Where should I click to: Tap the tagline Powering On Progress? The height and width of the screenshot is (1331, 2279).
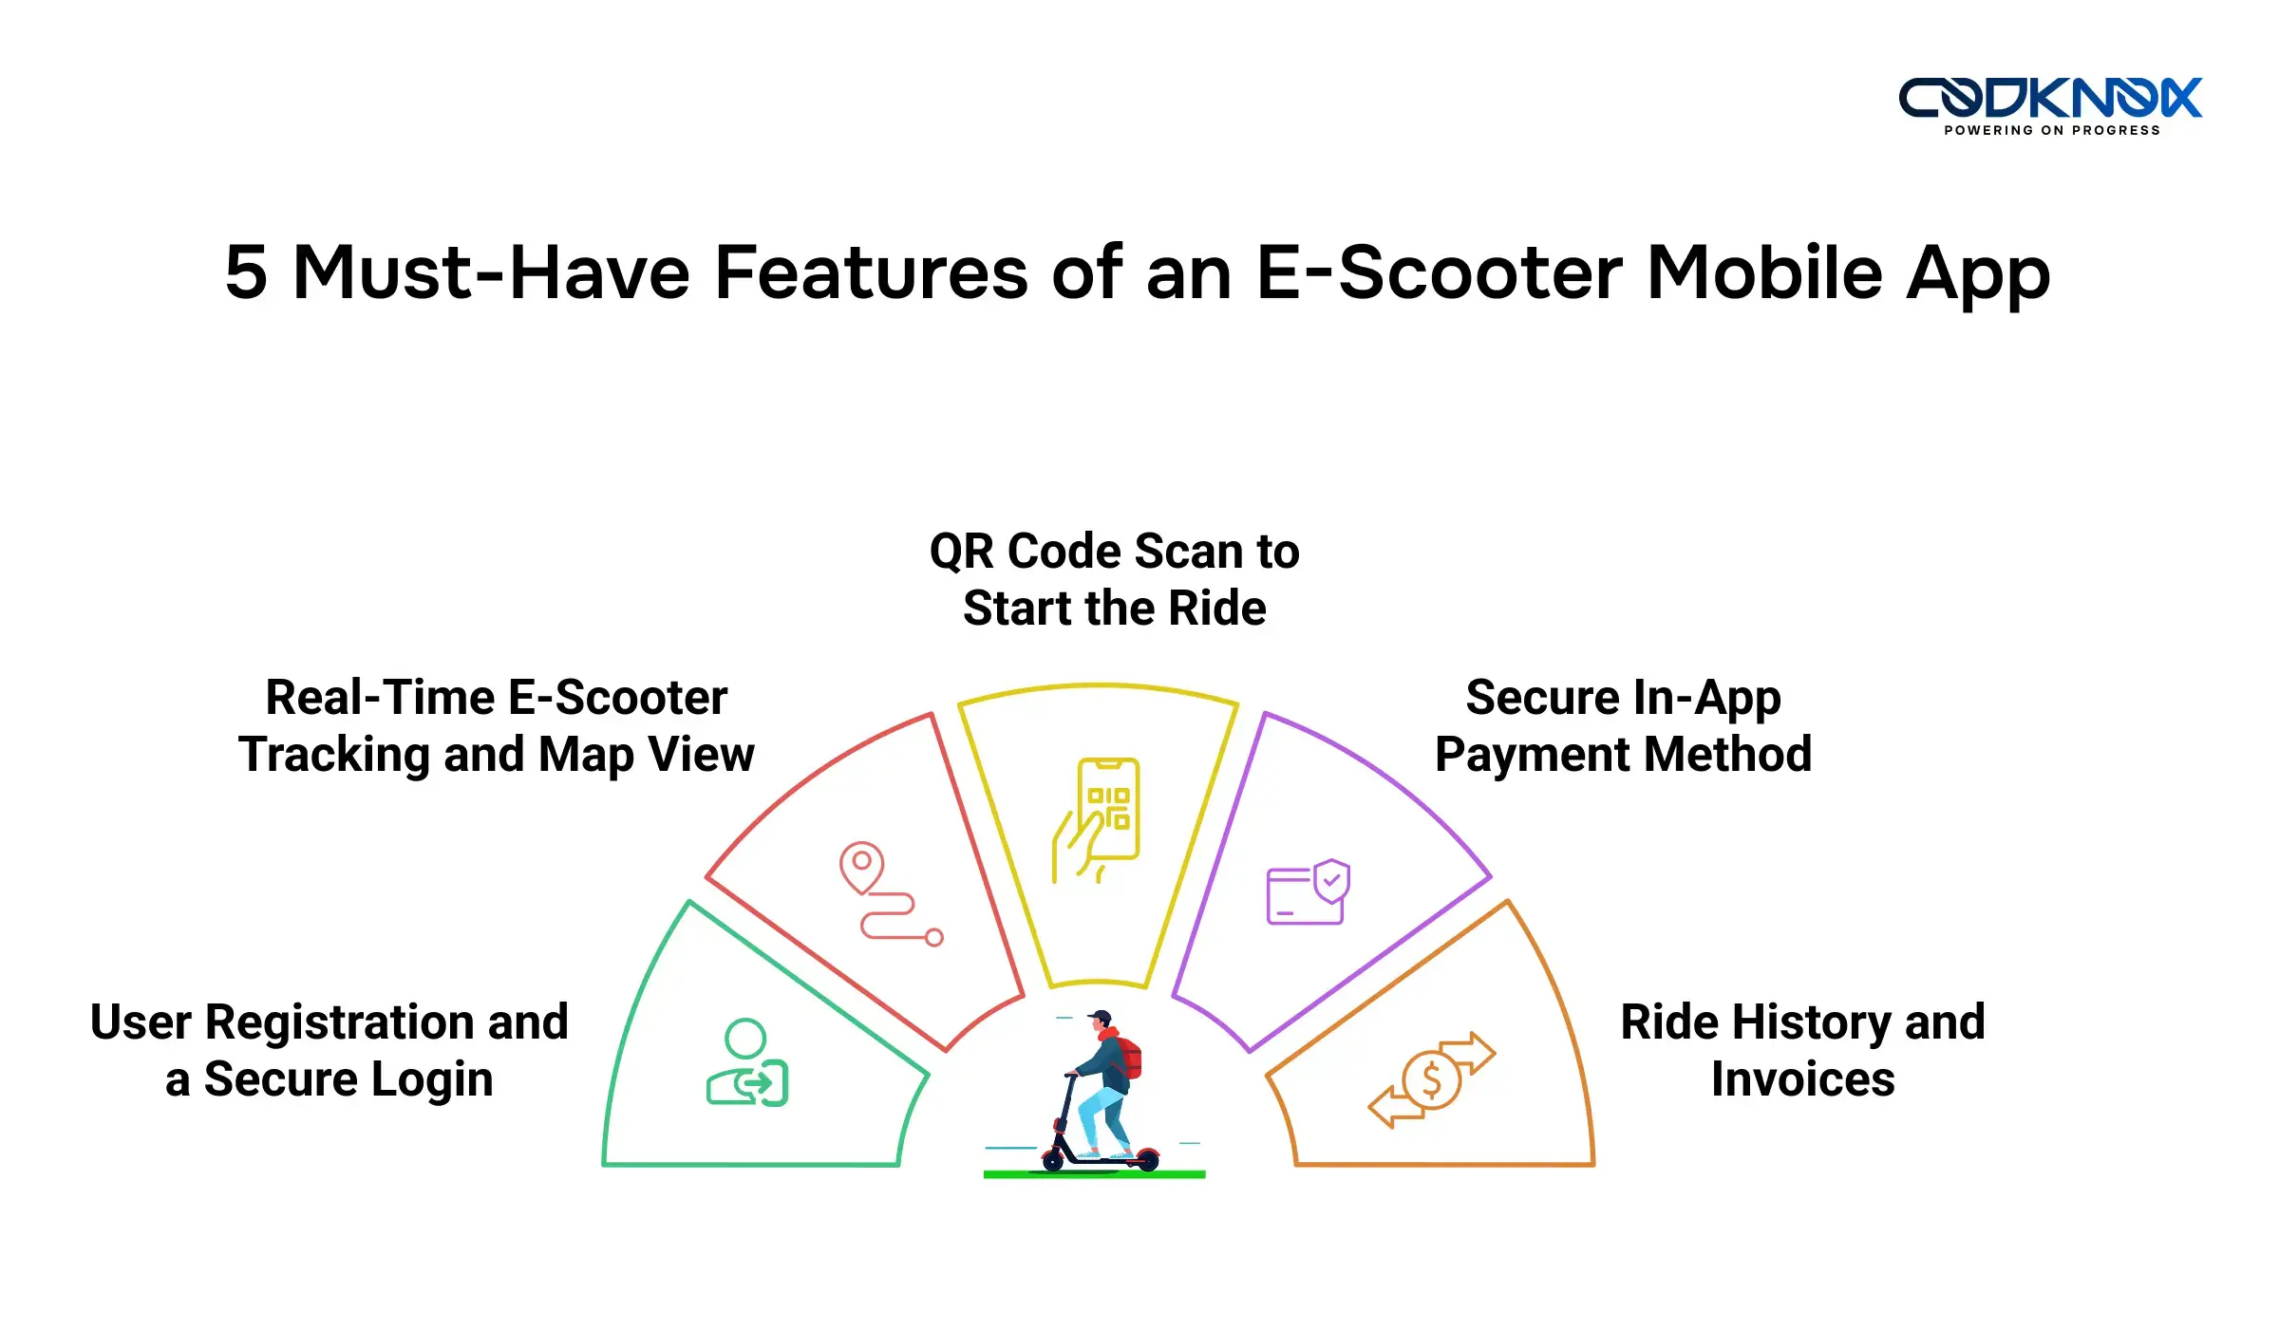click(2052, 131)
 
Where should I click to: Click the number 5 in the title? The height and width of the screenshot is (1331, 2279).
click(247, 273)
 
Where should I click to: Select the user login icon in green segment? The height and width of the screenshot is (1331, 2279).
click(747, 1063)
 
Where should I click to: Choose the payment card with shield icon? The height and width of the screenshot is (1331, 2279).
click(1308, 892)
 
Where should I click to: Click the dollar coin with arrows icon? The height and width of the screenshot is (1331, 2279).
click(1431, 1079)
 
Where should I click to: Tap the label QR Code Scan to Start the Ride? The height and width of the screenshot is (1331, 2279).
click(1114, 579)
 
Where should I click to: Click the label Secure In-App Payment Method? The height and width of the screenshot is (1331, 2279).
click(1623, 726)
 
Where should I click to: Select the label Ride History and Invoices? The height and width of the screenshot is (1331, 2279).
click(1802, 1051)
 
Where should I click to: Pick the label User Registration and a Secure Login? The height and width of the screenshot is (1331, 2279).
click(330, 1051)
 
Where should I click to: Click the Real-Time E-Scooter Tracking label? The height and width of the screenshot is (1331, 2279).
click(496, 726)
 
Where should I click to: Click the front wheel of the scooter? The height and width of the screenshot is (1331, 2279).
click(1052, 1160)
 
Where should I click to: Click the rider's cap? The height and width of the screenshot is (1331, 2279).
click(1101, 1017)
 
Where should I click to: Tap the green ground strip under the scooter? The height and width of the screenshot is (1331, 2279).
click(1094, 1175)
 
